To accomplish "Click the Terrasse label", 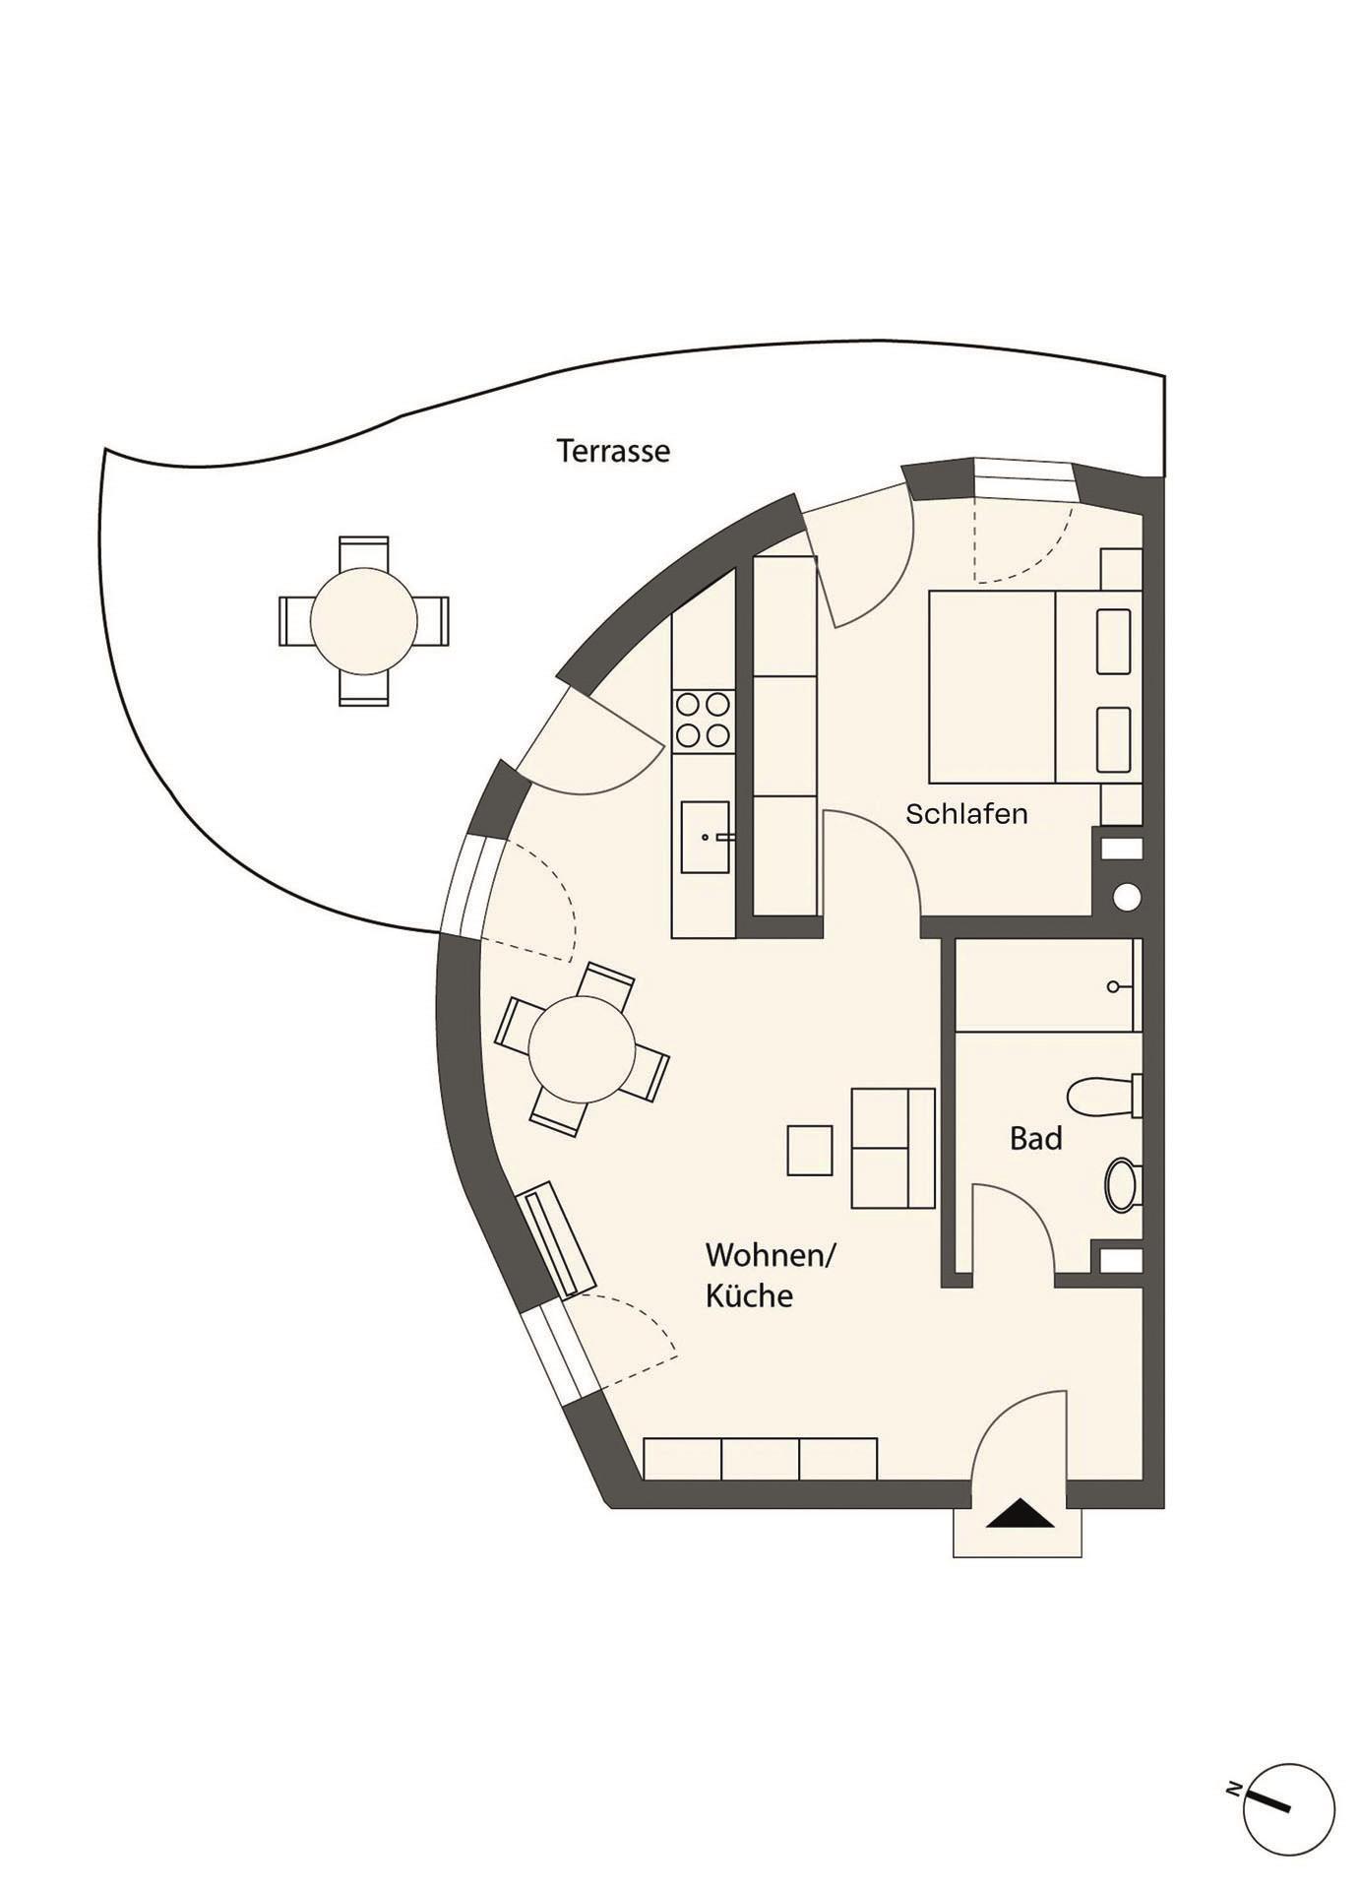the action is tap(613, 451).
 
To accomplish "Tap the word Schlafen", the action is tap(966, 814).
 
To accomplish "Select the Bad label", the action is tap(1036, 1139).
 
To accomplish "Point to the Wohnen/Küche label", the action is tap(770, 1275).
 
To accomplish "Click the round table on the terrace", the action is tap(363, 621).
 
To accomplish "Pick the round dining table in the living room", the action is tap(582, 1049).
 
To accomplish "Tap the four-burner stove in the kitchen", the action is tap(704, 720).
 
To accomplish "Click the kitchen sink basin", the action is tap(706, 837).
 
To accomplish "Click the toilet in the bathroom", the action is tap(1105, 1097).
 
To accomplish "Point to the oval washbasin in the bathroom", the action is tap(1120, 1184).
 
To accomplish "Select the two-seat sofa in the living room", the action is tap(893, 1148).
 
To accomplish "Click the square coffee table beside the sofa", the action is tap(810, 1151).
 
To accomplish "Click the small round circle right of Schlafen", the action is tap(1127, 898).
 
